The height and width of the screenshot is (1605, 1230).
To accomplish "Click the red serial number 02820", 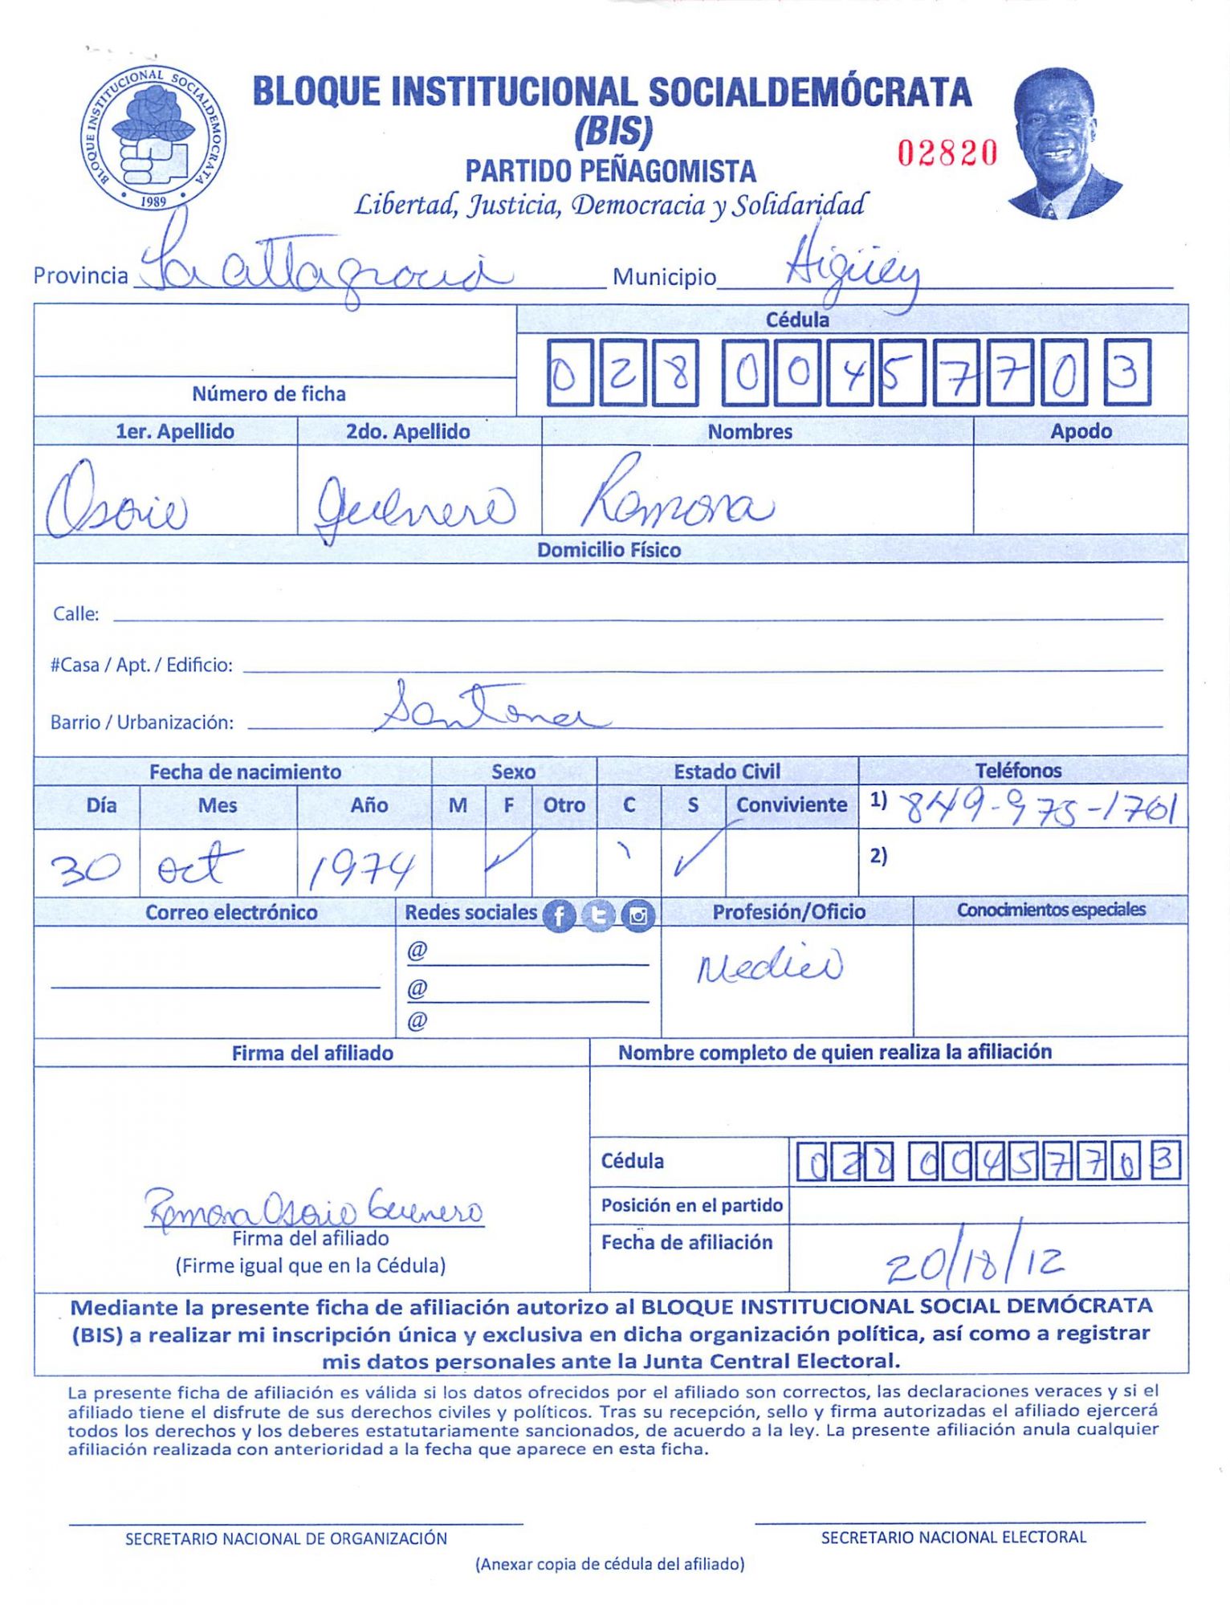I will (x=947, y=153).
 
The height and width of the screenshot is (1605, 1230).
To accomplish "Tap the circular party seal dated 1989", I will (x=153, y=138).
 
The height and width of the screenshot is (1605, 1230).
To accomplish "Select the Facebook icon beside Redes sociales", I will (x=559, y=915).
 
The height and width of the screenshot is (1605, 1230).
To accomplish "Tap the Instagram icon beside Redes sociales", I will (x=638, y=915).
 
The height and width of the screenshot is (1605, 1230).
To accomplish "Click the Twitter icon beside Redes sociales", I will (x=598, y=915).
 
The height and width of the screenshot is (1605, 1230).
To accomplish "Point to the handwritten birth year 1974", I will (x=362, y=870).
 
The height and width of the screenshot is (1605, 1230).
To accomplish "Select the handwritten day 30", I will (x=86, y=868).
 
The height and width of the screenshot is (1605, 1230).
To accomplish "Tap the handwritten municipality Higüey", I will (x=851, y=269).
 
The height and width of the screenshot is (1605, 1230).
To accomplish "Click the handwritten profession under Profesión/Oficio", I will (x=769, y=966).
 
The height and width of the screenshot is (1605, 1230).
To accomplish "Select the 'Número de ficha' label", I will (x=269, y=394).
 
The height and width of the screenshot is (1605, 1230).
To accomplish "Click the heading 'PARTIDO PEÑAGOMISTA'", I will (x=611, y=171).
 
